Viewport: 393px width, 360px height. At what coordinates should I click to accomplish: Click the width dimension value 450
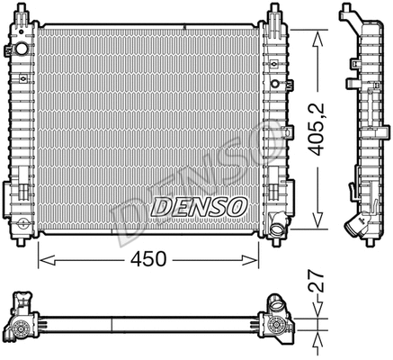[148, 259]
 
